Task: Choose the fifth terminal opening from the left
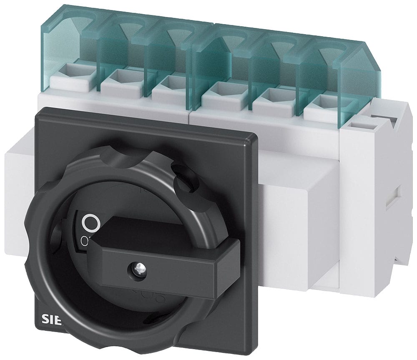pyautogui.click(x=268, y=94)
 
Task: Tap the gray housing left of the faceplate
pyautogui.click(x=17, y=184)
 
